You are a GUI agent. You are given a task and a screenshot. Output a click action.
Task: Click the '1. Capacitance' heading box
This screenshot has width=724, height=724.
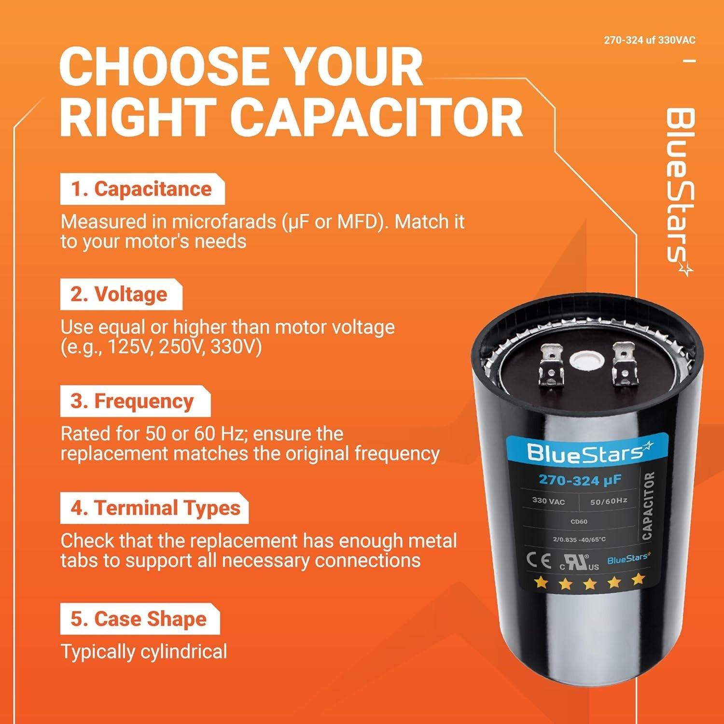142,189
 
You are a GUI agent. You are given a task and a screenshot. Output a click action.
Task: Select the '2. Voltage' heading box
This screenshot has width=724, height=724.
121,294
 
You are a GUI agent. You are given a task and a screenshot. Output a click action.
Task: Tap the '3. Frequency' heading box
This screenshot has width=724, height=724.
135,401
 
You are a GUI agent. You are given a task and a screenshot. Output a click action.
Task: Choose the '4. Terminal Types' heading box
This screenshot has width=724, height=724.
153,508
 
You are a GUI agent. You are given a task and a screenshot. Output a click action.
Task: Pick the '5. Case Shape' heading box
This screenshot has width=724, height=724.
139,619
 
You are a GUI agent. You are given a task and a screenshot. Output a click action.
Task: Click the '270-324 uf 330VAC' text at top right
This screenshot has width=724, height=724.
649,40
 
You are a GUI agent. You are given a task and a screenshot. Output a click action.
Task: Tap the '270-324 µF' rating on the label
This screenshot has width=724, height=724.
580,480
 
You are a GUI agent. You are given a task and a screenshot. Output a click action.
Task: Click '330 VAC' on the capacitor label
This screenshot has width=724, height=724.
548,501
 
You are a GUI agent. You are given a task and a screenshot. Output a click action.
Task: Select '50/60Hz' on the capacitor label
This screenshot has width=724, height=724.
608,501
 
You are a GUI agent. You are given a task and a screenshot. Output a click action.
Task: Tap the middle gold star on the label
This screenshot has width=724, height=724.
589,584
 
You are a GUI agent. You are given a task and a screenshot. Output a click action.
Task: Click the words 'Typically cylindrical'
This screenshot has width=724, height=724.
143,652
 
